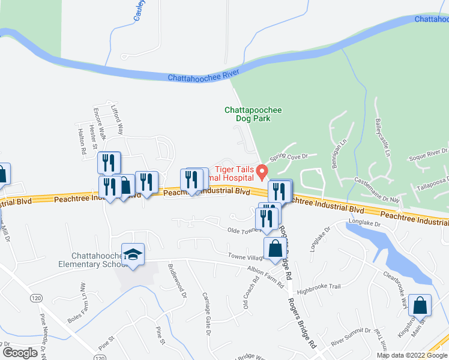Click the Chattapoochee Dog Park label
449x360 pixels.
tap(253, 114)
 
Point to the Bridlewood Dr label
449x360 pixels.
tap(177, 281)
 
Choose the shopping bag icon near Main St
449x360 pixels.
tap(420, 305)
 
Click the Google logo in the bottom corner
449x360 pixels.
tap(20, 352)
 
